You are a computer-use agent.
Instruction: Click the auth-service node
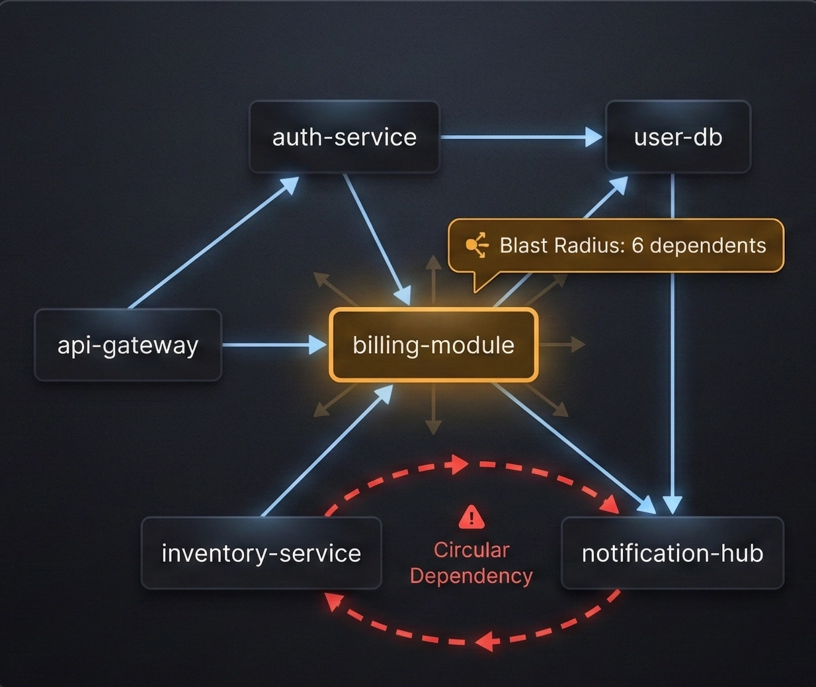344,137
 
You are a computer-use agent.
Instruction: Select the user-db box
678,137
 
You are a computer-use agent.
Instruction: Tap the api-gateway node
128,345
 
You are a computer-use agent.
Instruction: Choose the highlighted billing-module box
433,345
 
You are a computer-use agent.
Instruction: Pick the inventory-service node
261,553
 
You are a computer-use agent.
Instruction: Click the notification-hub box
673,553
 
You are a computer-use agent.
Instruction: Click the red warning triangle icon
471,517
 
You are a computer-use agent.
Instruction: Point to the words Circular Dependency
471,563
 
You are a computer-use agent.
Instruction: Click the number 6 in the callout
637,246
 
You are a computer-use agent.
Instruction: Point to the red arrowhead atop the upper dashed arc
456,465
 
